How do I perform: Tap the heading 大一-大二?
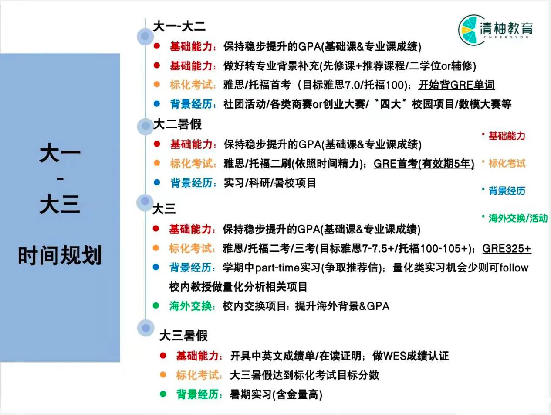coord(179,26)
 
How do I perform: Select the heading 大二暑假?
coord(177,124)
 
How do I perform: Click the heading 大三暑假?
coord(183,336)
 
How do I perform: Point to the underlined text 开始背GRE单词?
coord(456,85)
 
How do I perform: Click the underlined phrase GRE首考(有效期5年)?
coord(424,164)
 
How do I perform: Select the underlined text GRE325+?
coord(507,248)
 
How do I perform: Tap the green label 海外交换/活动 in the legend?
coord(518,218)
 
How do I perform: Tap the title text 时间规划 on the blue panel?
coord(60,255)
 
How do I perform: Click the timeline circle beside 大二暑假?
coord(145,127)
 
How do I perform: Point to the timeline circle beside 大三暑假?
coord(145,328)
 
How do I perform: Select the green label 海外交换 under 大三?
coord(190,306)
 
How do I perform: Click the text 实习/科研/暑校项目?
coord(270,183)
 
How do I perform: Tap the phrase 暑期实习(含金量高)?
coord(276,394)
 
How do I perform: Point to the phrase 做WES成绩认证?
coord(410,356)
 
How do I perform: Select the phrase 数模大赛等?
coord(485,104)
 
